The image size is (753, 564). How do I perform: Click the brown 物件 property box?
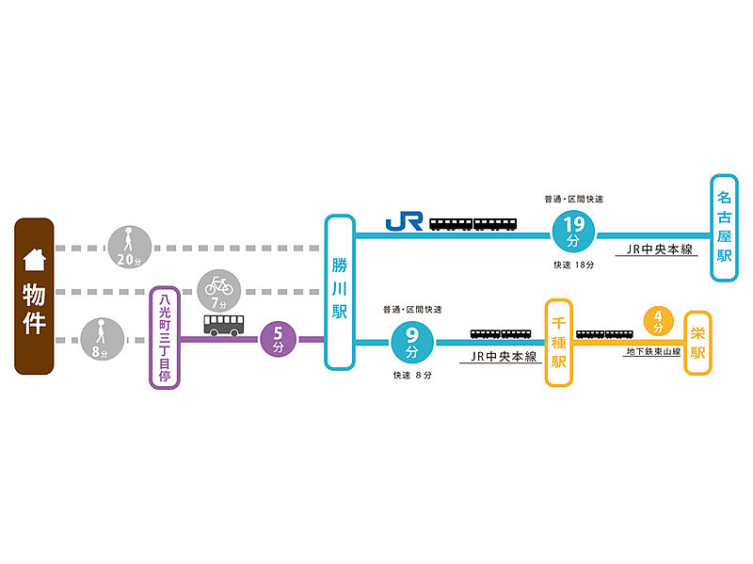tap(34, 297)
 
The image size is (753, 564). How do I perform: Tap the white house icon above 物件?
tap(34, 256)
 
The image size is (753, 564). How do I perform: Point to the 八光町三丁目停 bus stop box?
tap(164, 339)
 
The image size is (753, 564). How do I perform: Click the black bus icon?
tap(222, 325)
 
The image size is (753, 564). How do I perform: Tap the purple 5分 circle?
tap(278, 339)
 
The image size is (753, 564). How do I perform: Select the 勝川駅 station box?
tap(340, 292)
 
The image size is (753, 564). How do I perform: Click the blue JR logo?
tap(404, 222)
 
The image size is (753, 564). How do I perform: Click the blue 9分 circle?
tap(411, 342)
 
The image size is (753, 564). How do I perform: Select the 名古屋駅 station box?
tap(724, 227)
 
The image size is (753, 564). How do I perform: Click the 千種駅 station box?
tap(559, 343)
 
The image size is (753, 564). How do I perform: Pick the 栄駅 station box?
tap(697, 343)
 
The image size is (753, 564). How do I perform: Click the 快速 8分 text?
tap(412, 375)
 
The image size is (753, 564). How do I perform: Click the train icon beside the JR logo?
tap(473, 224)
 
